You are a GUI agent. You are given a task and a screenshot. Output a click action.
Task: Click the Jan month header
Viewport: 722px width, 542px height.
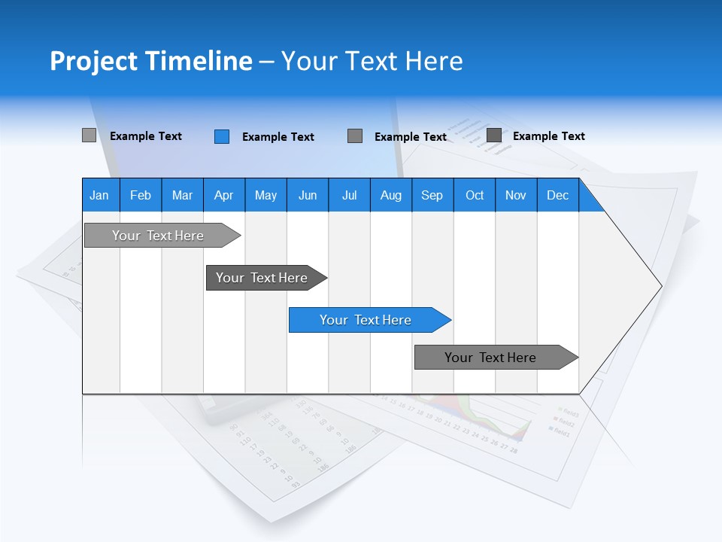(100, 195)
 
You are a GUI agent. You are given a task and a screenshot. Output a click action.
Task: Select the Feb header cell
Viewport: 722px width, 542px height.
(141, 195)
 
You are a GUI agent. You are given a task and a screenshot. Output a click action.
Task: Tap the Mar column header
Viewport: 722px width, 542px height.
(182, 195)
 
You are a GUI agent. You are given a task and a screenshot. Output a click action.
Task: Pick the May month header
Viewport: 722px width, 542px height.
(265, 195)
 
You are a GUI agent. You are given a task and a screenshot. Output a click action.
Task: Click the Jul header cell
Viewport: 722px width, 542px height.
(349, 195)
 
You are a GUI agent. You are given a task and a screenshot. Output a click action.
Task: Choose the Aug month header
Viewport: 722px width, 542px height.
(391, 195)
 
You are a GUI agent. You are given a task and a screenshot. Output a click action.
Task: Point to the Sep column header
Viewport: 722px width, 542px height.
(432, 195)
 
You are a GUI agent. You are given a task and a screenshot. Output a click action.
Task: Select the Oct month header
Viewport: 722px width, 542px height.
(475, 195)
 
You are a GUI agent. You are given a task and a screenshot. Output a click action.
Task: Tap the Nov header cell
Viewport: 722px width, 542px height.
(516, 195)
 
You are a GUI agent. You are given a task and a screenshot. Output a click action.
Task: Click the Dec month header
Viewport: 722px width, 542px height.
(557, 195)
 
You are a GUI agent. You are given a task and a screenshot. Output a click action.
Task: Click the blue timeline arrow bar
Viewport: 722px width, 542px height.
(369, 320)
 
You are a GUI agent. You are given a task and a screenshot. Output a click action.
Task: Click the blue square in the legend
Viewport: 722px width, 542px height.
(222, 136)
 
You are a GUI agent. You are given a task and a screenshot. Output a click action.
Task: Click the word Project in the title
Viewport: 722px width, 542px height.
(93, 61)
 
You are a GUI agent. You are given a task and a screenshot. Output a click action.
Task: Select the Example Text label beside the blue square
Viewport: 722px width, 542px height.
(278, 137)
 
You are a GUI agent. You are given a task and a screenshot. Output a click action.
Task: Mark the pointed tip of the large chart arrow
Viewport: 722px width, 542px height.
(660, 286)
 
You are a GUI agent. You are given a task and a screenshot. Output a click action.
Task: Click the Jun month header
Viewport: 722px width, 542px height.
(308, 195)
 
